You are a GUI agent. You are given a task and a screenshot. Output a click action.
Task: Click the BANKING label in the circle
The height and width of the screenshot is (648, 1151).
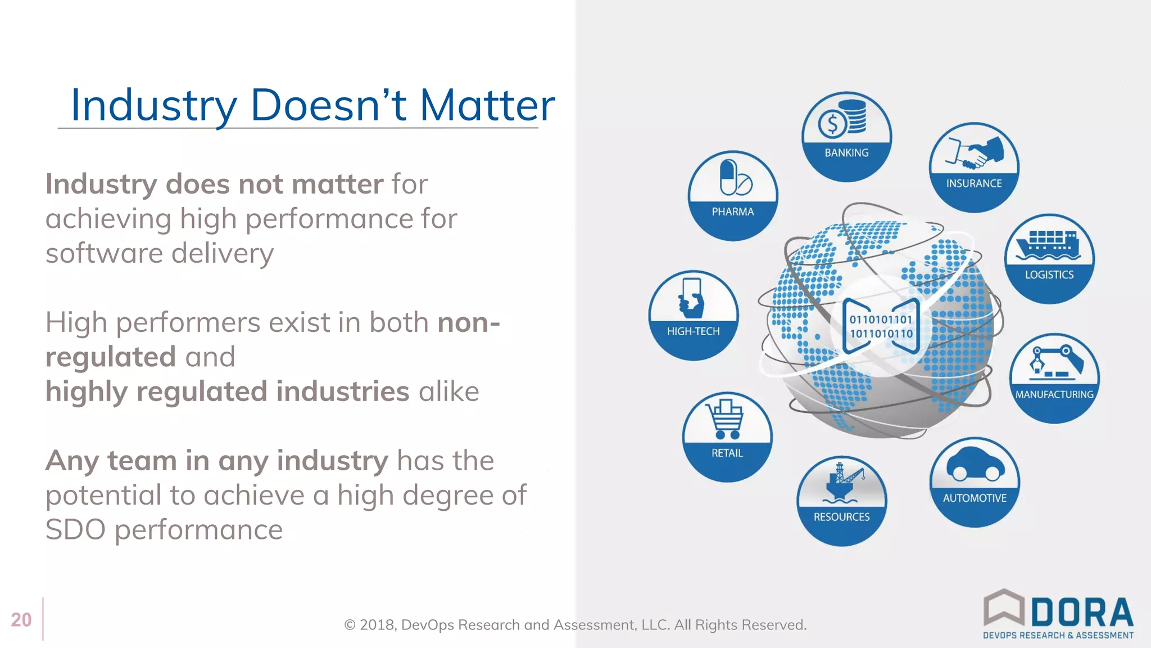click(846, 153)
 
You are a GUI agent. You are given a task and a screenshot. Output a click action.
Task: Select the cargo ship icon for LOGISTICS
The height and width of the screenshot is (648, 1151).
click(1049, 245)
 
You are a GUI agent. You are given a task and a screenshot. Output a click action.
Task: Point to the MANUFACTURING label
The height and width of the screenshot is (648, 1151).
click(1054, 394)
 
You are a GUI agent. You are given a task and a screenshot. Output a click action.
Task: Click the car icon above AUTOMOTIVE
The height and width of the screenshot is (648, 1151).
click(975, 465)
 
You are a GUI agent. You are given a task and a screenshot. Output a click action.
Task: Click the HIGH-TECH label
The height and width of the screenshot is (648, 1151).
click(693, 331)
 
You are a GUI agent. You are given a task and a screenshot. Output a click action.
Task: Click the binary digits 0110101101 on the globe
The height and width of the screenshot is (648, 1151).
click(881, 319)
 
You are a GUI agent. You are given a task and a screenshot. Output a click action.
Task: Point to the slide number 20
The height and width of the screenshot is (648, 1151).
click(21, 620)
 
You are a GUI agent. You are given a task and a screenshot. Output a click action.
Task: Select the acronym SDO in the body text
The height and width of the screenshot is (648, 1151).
click(75, 530)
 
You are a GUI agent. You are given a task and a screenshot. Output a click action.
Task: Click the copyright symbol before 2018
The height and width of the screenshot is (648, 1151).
click(350, 625)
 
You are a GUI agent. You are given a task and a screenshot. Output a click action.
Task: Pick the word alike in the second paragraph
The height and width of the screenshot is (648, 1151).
click(448, 391)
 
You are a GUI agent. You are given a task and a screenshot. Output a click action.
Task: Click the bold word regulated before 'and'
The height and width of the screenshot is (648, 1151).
click(111, 357)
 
